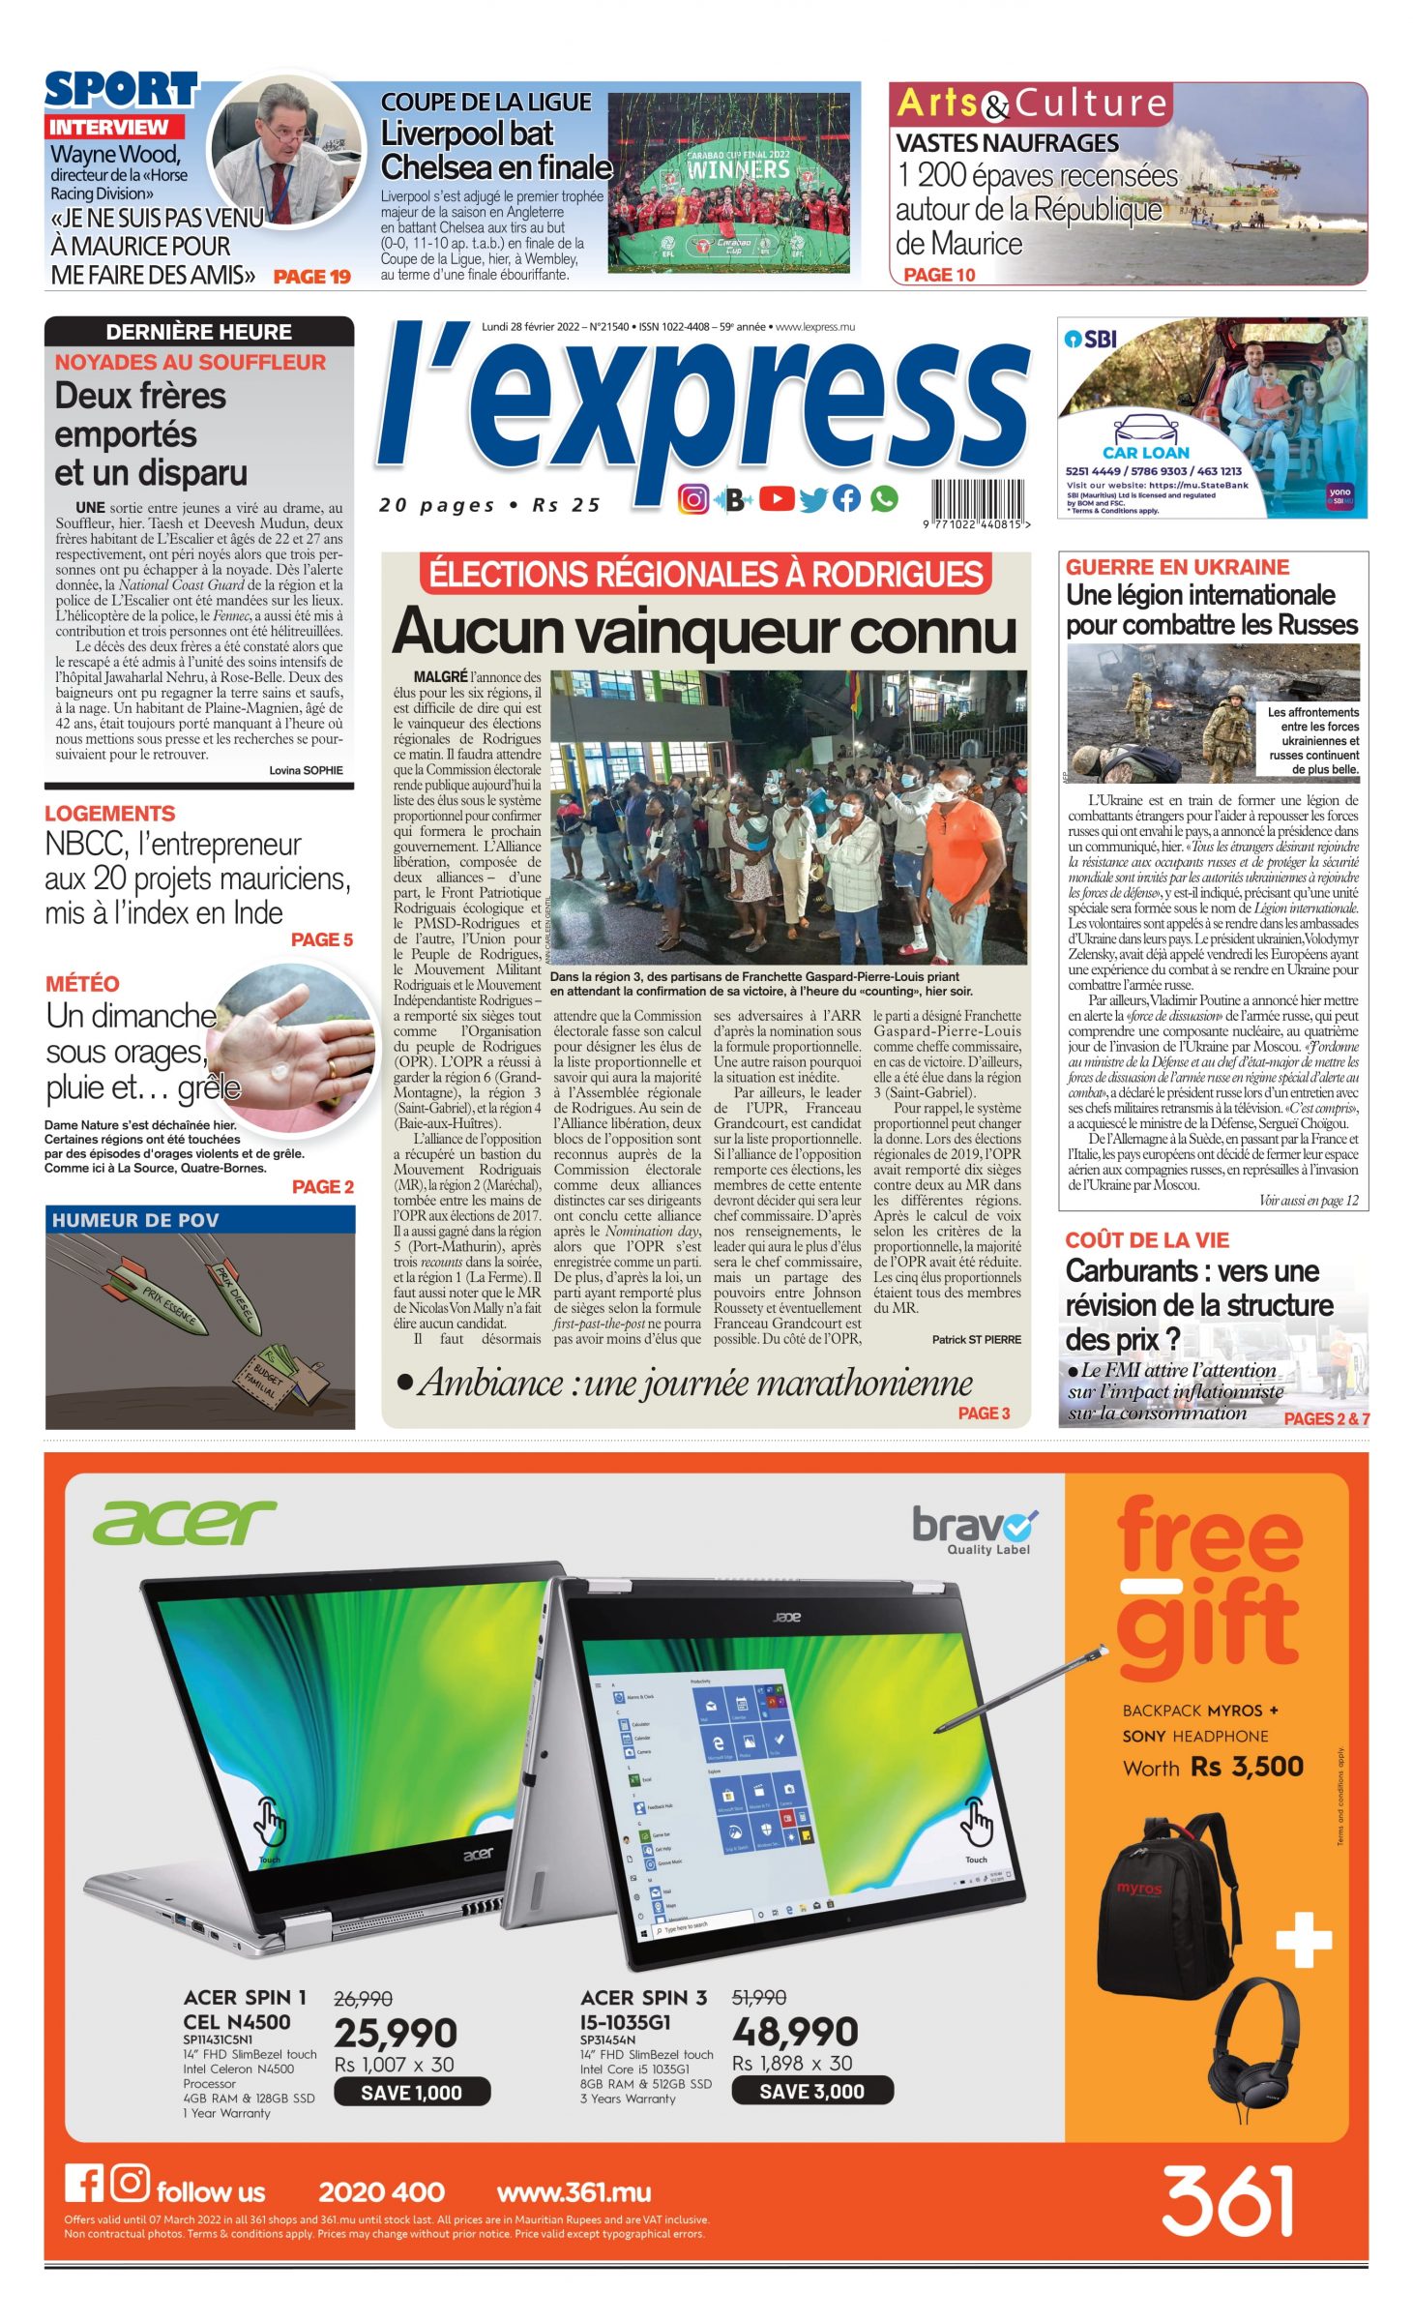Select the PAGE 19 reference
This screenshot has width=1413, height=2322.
(311, 277)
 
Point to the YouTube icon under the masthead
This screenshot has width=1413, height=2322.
(776, 499)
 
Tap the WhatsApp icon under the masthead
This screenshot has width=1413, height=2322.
(883, 499)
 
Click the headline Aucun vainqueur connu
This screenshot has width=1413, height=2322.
(704, 631)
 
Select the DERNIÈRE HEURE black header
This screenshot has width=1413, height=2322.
(199, 332)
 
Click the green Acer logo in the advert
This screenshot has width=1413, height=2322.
(184, 1522)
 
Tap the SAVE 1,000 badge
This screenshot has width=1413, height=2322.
(412, 2093)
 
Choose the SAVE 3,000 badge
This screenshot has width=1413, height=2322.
(811, 2092)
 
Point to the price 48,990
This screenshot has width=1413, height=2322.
(795, 2031)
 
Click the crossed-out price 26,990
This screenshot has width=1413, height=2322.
(363, 1999)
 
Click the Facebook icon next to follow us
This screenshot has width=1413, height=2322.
(84, 2185)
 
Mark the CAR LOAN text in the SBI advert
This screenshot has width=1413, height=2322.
(1145, 453)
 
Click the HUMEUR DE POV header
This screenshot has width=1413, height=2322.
(135, 1220)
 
